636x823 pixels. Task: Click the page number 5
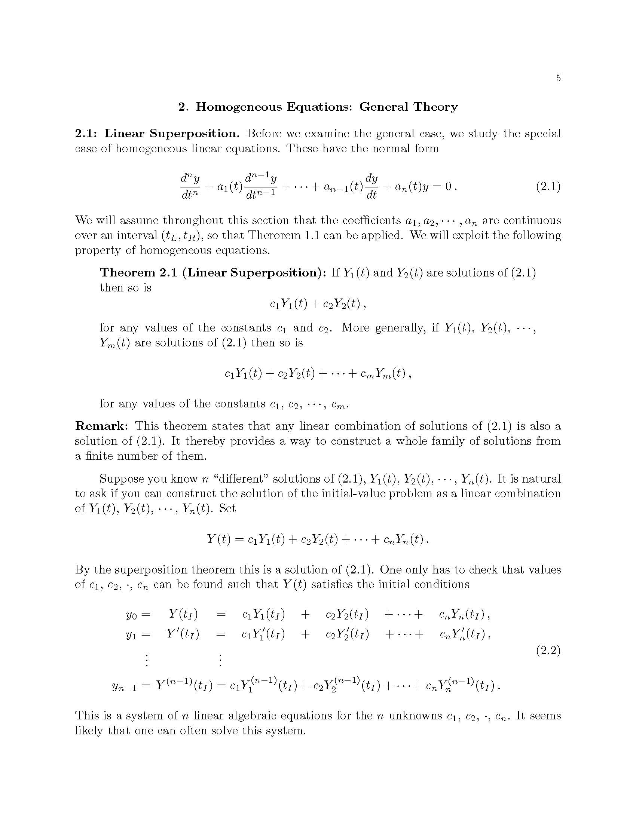558,78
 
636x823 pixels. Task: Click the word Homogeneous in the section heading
239,107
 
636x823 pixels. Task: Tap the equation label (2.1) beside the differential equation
548,187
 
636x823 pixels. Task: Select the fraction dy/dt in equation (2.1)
371,187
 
